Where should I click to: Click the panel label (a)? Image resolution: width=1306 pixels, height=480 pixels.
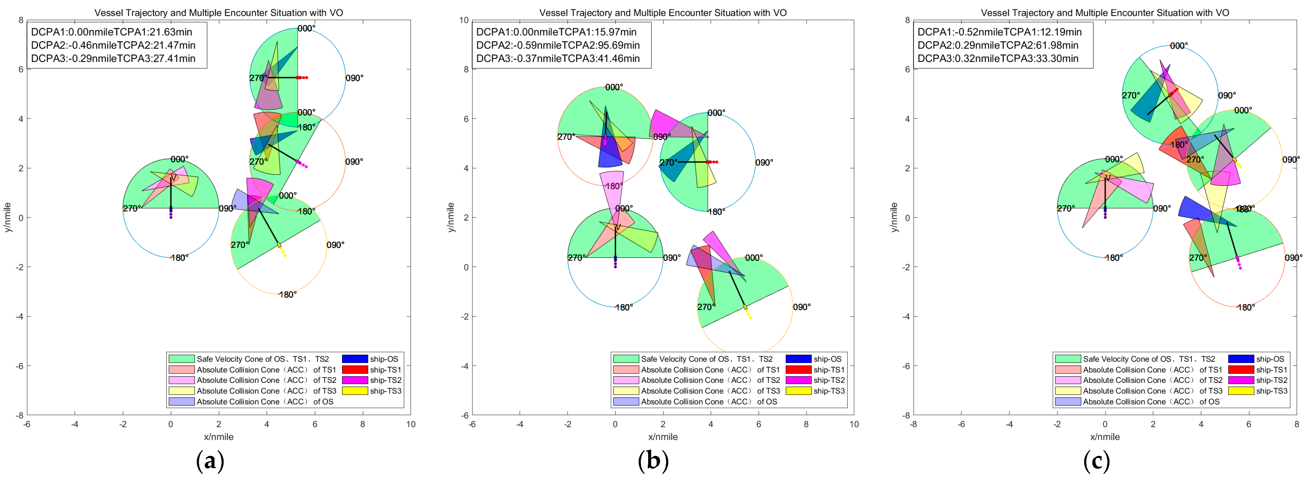[210, 461]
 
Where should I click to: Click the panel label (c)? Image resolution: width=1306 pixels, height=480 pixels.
[1096, 461]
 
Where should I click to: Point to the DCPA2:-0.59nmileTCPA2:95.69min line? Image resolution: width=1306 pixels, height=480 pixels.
[558, 45]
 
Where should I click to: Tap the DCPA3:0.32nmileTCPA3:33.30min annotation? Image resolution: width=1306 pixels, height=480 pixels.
[998, 58]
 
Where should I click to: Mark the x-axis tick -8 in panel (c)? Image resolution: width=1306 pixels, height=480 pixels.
[913, 424]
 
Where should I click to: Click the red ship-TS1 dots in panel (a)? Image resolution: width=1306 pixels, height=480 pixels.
[303, 78]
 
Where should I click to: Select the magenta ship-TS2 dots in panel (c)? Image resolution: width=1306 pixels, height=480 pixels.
[1239, 263]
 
